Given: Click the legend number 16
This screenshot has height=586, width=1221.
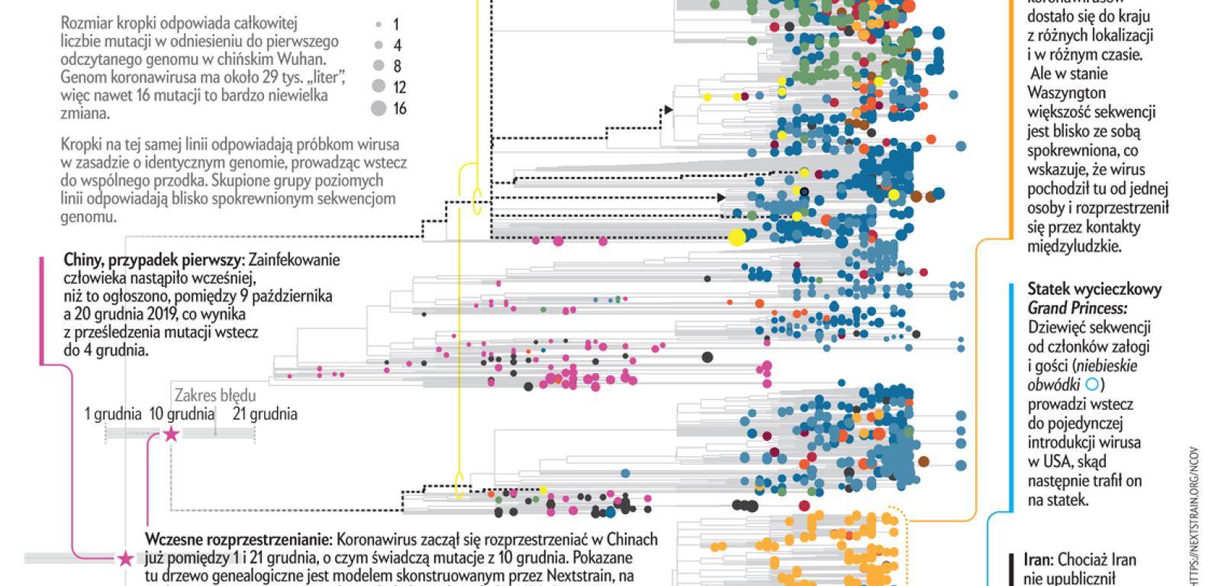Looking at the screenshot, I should (400, 109).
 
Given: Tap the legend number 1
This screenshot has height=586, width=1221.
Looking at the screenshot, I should (395, 25).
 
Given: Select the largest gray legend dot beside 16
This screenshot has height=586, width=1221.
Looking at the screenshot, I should (379, 109).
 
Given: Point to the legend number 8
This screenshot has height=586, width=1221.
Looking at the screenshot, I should (397, 66).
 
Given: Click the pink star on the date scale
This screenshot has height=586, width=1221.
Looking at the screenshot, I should (171, 434).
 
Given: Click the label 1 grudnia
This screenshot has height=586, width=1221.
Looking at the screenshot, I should (113, 414).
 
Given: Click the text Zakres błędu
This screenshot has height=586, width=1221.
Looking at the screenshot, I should (215, 396).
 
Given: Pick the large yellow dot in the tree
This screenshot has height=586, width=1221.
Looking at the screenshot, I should (736, 237).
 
